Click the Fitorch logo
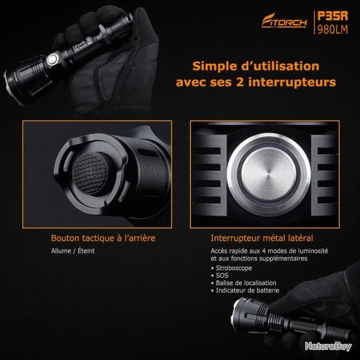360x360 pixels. point(284,20)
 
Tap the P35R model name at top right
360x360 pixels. point(332,16)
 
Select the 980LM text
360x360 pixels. point(332,29)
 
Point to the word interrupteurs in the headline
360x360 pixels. point(292,82)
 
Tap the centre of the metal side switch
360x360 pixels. point(269,174)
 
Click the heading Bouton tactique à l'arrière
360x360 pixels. point(103,238)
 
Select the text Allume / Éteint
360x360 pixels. point(73,251)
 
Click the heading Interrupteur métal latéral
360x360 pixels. point(262,238)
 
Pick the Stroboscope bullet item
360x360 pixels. point(232,268)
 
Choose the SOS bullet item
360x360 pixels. point(220,275)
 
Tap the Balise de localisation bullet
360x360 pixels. point(244,283)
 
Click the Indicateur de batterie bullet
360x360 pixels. point(245,291)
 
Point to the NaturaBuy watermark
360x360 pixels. point(328,346)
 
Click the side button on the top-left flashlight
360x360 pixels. point(52,59)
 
